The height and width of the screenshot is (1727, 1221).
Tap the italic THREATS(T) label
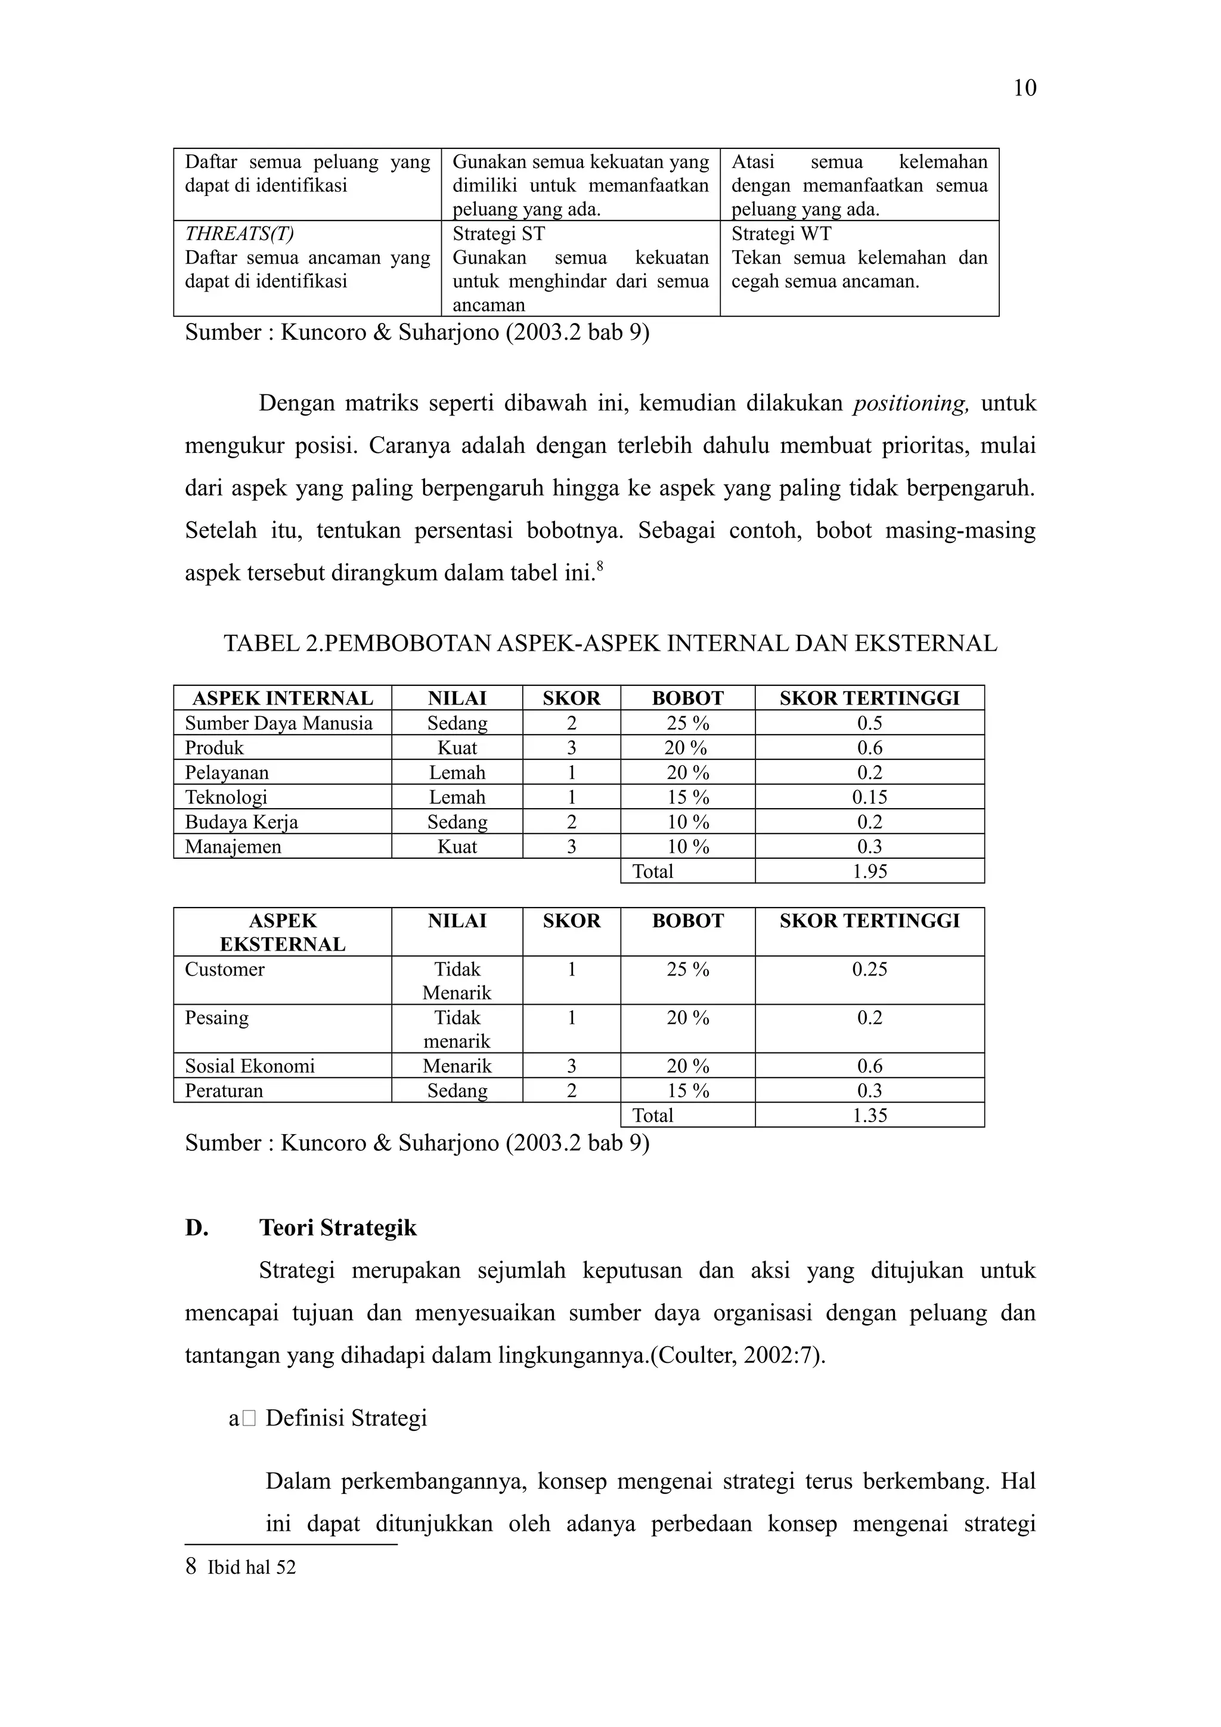tap(238, 234)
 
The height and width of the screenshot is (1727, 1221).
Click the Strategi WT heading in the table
tap(781, 234)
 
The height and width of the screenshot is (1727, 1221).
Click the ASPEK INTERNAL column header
tap(282, 698)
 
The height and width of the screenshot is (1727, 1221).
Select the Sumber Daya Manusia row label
tap(278, 723)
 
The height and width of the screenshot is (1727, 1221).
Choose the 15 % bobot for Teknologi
tap(687, 797)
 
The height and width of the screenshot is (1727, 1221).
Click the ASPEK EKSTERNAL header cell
tap(282, 932)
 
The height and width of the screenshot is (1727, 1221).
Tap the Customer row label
tap(224, 969)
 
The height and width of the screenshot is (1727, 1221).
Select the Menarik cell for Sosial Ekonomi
tap(457, 1066)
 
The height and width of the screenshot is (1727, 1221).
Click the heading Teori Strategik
tap(338, 1228)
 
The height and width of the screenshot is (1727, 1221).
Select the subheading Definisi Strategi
tap(346, 1418)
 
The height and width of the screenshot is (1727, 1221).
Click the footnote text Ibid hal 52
tap(251, 1567)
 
